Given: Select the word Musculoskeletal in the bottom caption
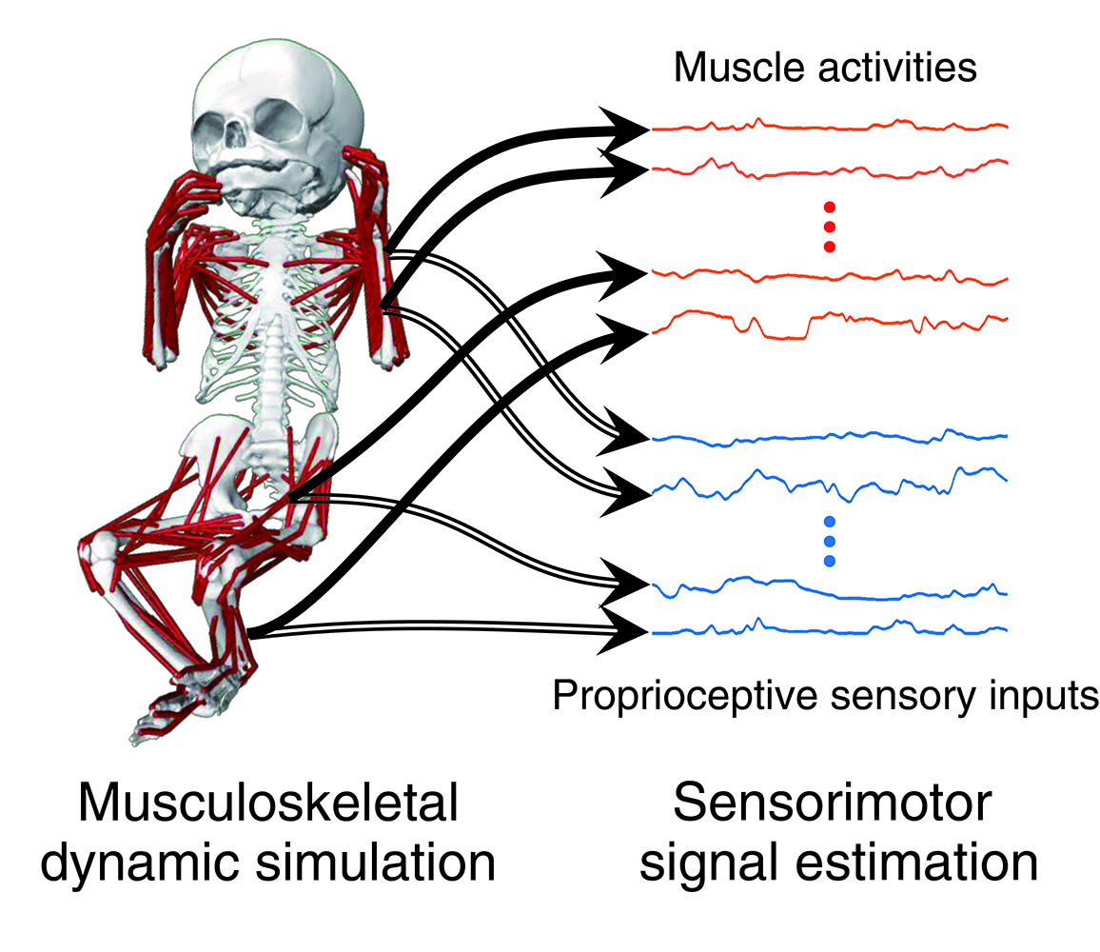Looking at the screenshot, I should (x=269, y=805).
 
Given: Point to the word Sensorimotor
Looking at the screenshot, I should (x=833, y=805).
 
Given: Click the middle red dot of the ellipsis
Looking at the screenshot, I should (x=829, y=227).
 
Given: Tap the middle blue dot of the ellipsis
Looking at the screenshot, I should (x=829, y=541).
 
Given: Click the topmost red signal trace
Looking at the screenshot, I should (x=828, y=127).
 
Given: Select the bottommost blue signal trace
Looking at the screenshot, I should (x=828, y=629).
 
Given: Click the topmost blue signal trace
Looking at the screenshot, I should (x=828, y=438).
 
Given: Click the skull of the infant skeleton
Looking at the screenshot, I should (x=276, y=114).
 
